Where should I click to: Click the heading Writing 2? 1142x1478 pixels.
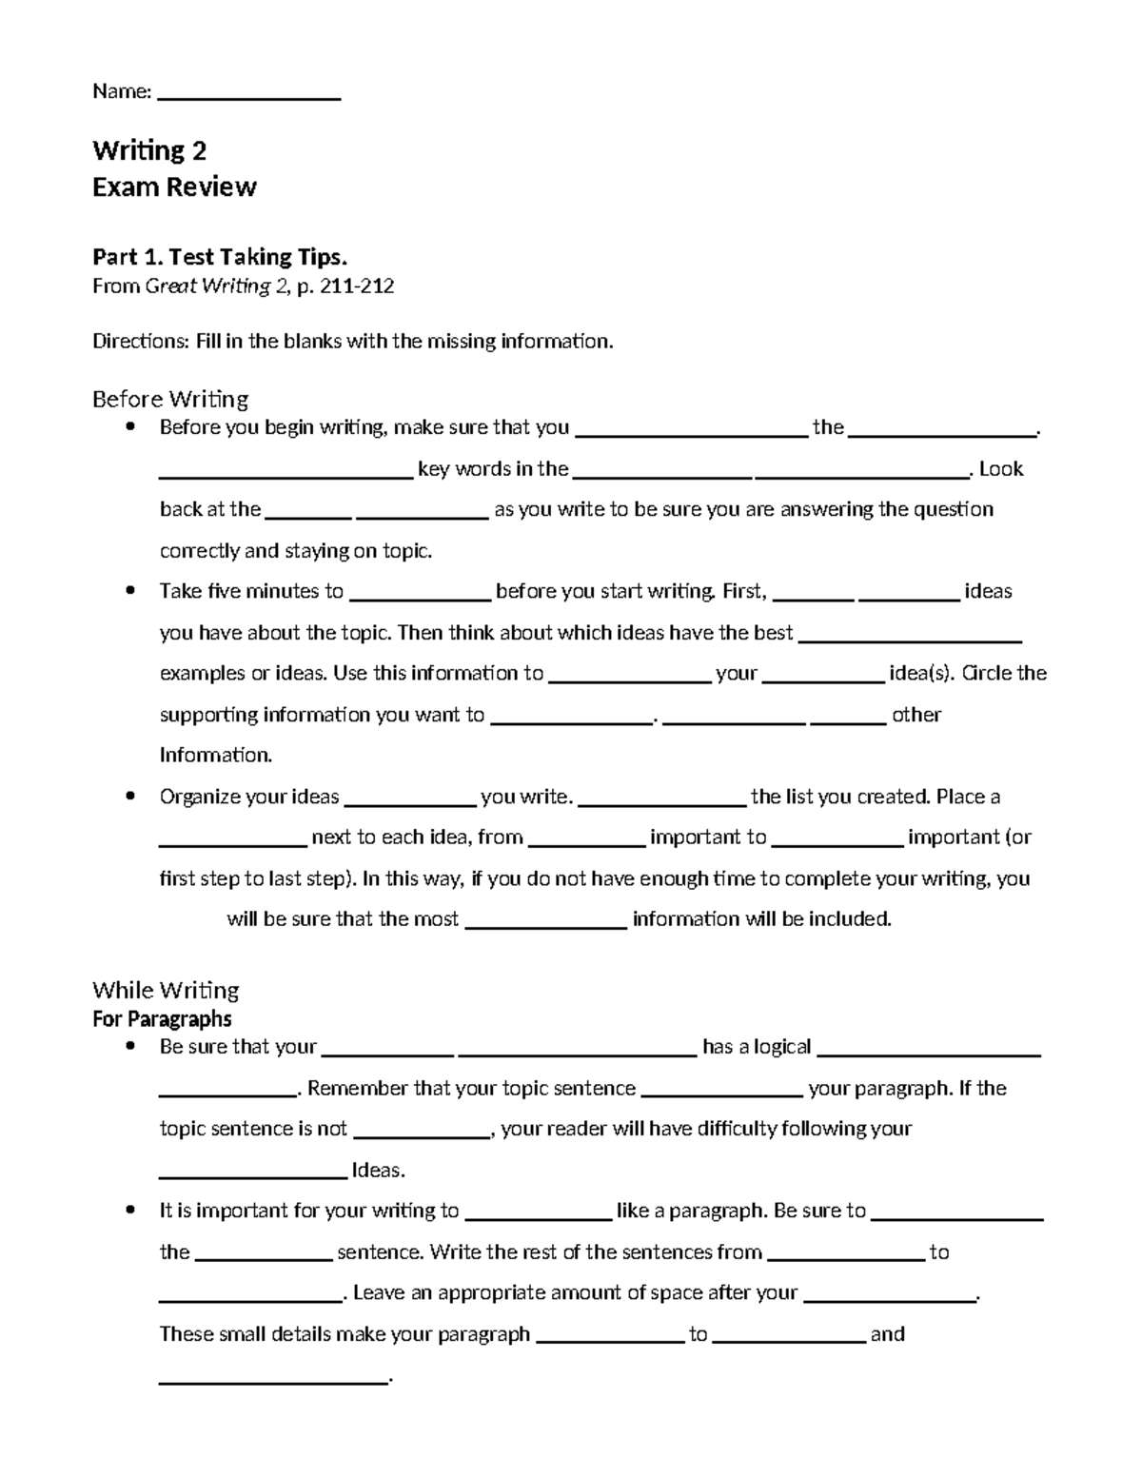(149, 150)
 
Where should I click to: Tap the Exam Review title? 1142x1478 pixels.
(174, 187)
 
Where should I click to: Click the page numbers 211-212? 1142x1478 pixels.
(358, 286)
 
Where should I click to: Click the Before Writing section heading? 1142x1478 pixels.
(170, 399)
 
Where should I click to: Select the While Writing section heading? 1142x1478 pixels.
(166, 990)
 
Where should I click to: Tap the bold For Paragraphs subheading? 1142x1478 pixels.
(162, 1019)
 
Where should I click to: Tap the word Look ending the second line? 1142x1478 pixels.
(1001, 468)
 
